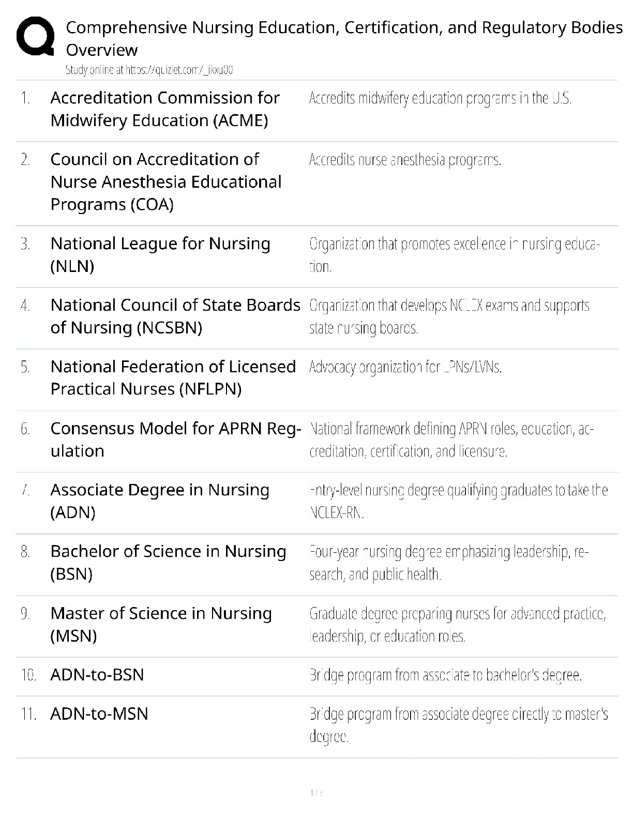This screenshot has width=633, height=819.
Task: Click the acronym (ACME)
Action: pyautogui.click(x=240, y=120)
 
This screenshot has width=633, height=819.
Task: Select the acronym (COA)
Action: pyautogui.click(x=147, y=205)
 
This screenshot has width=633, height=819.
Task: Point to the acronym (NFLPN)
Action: pyautogui.click(x=210, y=389)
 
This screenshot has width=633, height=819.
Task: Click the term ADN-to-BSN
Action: pyautogui.click(x=97, y=675)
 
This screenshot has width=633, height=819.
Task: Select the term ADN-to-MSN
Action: pyautogui.click(x=99, y=714)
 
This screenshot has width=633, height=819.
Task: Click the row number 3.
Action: pyautogui.click(x=25, y=244)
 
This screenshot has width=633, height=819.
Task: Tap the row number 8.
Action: pyautogui.click(x=25, y=552)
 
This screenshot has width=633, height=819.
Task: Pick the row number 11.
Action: pyautogui.click(x=28, y=715)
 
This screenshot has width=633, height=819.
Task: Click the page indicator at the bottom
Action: pyautogui.click(x=316, y=793)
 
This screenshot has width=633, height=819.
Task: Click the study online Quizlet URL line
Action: pyautogui.click(x=149, y=70)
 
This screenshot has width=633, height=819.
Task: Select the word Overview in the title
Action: pyautogui.click(x=102, y=50)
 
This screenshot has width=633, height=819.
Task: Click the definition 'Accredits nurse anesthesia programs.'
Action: pyautogui.click(x=405, y=160)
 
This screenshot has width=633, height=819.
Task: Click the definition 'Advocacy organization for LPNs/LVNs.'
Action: pyautogui.click(x=405, y=368)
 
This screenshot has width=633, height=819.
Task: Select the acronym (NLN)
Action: pyautogui.click(x=72, y=266)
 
